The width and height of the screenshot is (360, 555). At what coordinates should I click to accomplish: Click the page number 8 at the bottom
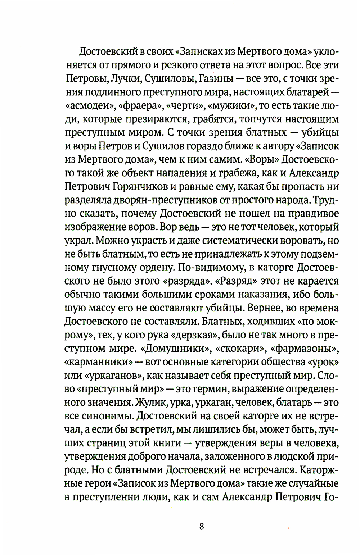point(201,527)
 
